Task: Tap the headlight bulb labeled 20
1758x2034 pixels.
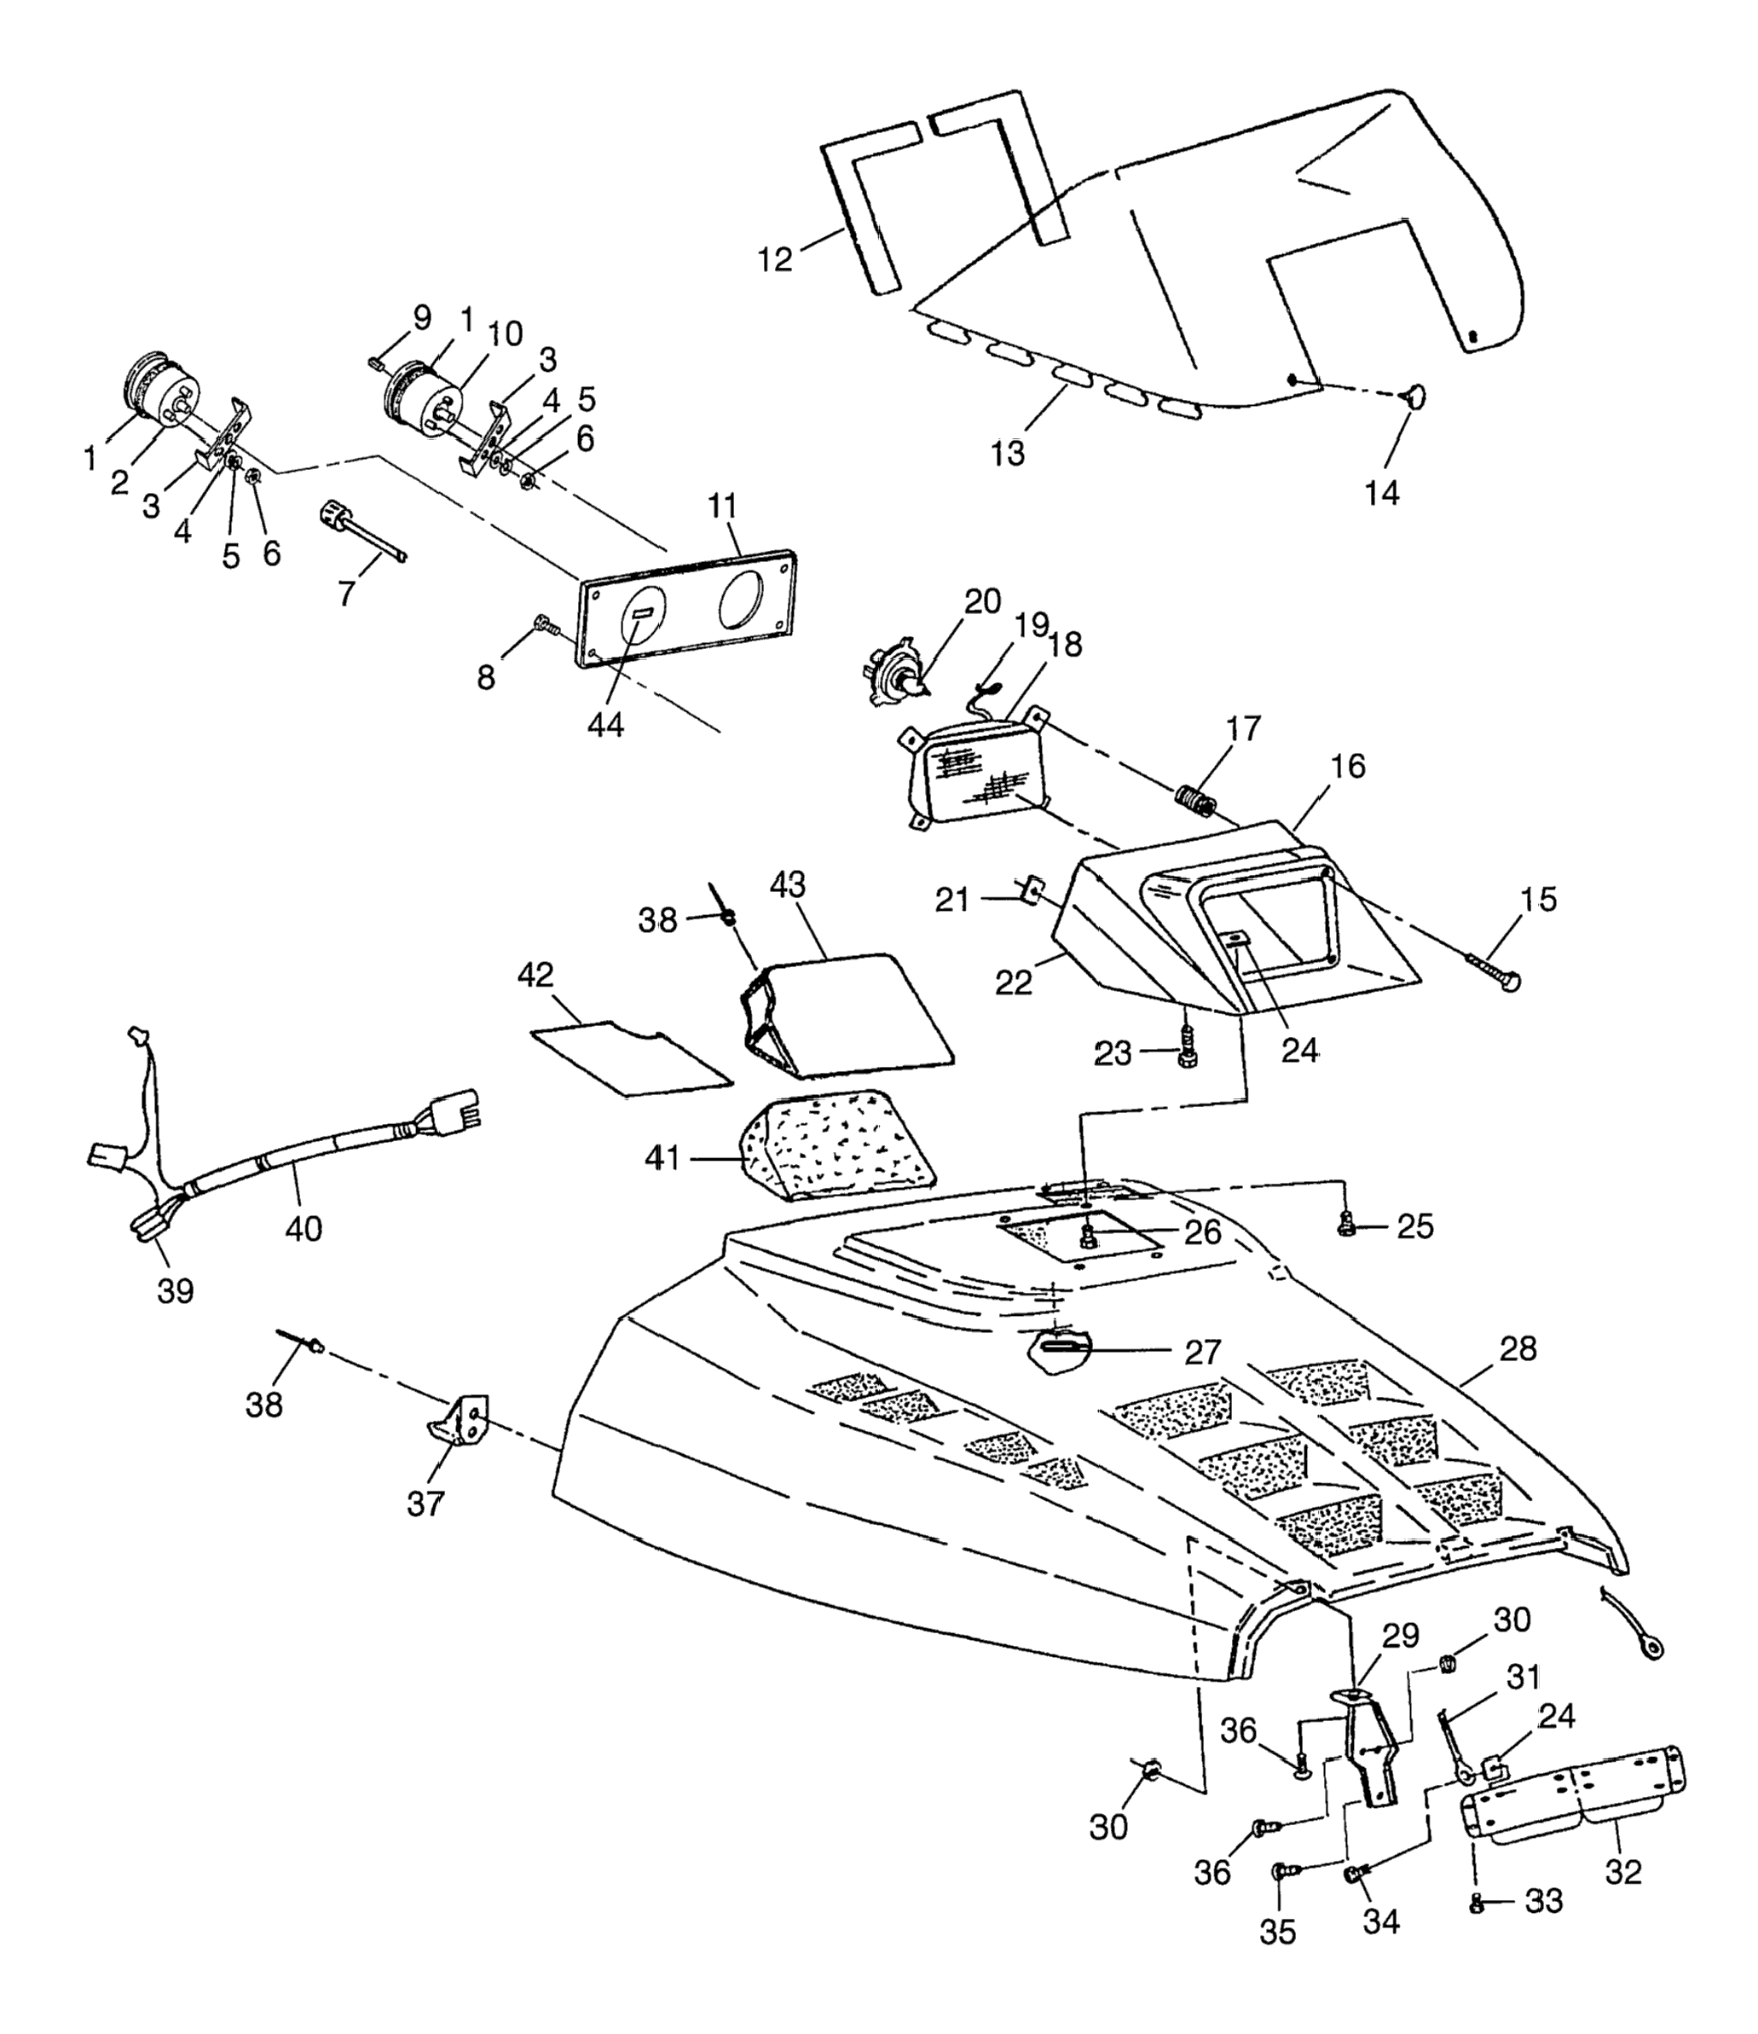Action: point(894,675)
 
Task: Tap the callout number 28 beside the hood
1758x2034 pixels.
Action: point(1518,1349)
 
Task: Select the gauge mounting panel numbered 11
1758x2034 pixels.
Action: point(688,609)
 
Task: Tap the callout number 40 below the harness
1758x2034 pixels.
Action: point(304,1227)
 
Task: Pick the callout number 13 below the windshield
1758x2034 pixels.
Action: point(1008,453)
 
